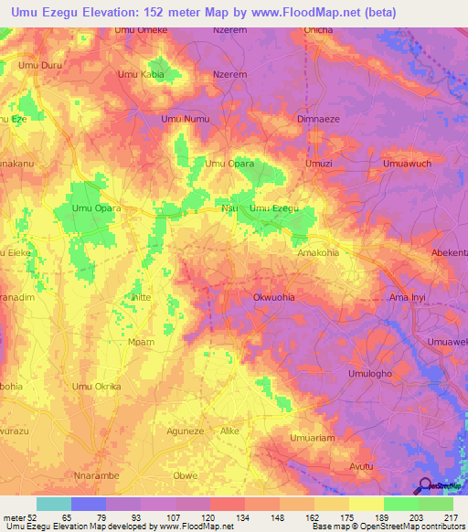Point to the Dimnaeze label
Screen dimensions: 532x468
point(320,119)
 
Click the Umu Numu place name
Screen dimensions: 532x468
point(185,119)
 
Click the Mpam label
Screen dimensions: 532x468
point(142,342)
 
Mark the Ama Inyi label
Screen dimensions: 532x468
point(409,298)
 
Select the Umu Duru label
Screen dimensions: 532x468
point(40,66)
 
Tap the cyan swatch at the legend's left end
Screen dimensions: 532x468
point(53,504)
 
